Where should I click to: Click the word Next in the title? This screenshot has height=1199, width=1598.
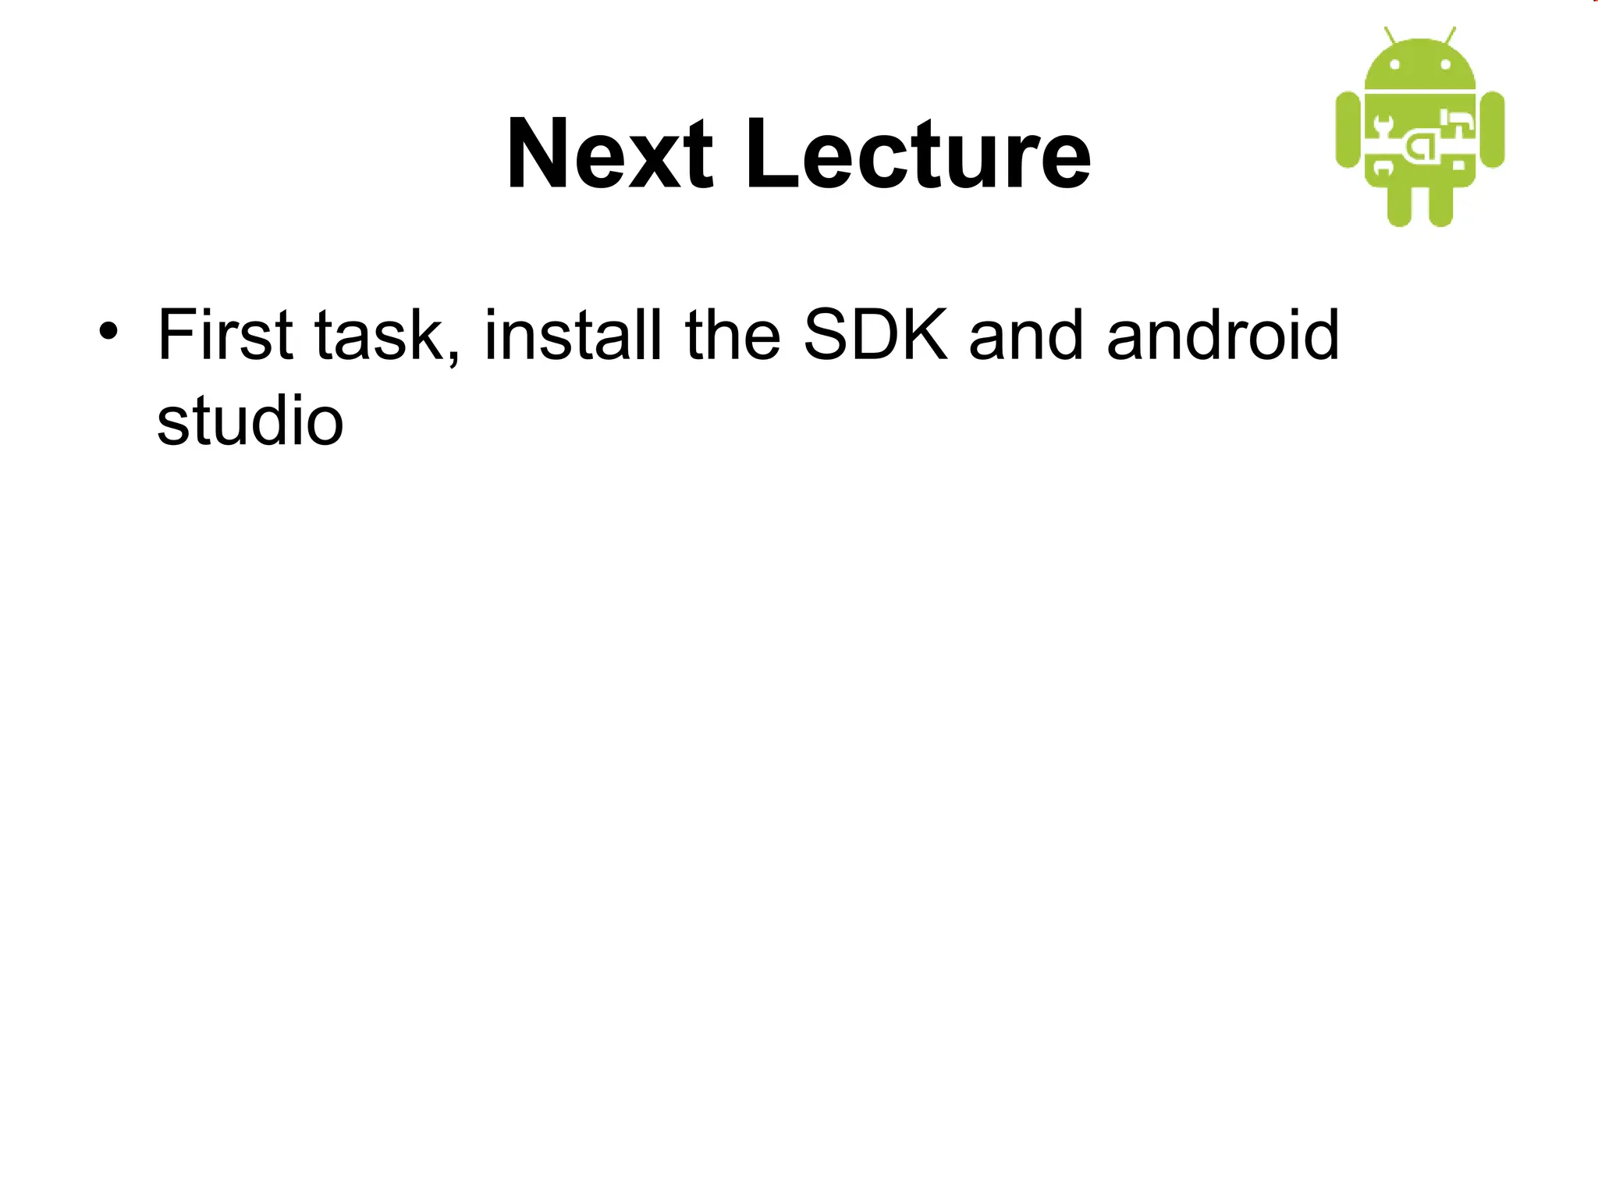point(609,154)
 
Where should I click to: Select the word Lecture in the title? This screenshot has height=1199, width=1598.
point(918,154)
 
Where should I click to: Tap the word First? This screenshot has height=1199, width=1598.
point(225,335)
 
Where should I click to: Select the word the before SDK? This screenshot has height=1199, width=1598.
point(732,335)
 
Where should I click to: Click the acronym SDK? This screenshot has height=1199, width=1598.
point(875,335)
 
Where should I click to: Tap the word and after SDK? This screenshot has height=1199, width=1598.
point(1026,335)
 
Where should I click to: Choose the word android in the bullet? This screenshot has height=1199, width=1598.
point(1223,335)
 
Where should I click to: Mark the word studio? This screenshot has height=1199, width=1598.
point(250,421)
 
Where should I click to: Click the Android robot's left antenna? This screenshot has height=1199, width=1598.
point(1390,36)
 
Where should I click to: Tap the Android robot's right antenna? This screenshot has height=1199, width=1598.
point(1450,36)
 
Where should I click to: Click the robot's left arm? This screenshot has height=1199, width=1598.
point(1348,130)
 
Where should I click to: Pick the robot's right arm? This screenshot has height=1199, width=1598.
point(1492,130)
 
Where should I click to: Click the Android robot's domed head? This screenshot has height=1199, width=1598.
point(1420,62)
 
